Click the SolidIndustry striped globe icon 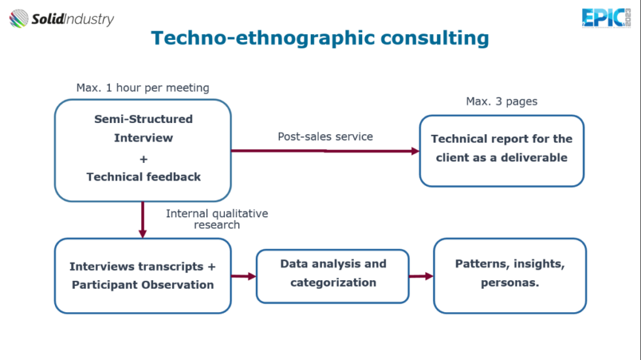pos(19,18)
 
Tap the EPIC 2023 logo pos(606,18)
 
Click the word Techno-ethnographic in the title pos(263,38)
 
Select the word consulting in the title pos(435,38)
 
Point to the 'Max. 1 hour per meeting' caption pos(143,88)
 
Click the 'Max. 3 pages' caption pos(502,101)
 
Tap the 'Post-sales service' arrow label pos(326,136)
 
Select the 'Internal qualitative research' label pos(217,219)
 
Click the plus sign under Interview pos(143,159)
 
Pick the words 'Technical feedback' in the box pos(143,177)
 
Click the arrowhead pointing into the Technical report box pos(415,151)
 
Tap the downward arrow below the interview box pos(143,220)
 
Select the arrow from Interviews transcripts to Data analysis pos(243,276)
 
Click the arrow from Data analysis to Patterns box pos(421,276)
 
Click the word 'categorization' pos(333,283)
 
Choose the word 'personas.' pos(510,283)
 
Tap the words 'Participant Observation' pos(143,285)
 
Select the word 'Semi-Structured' pos(143,119)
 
